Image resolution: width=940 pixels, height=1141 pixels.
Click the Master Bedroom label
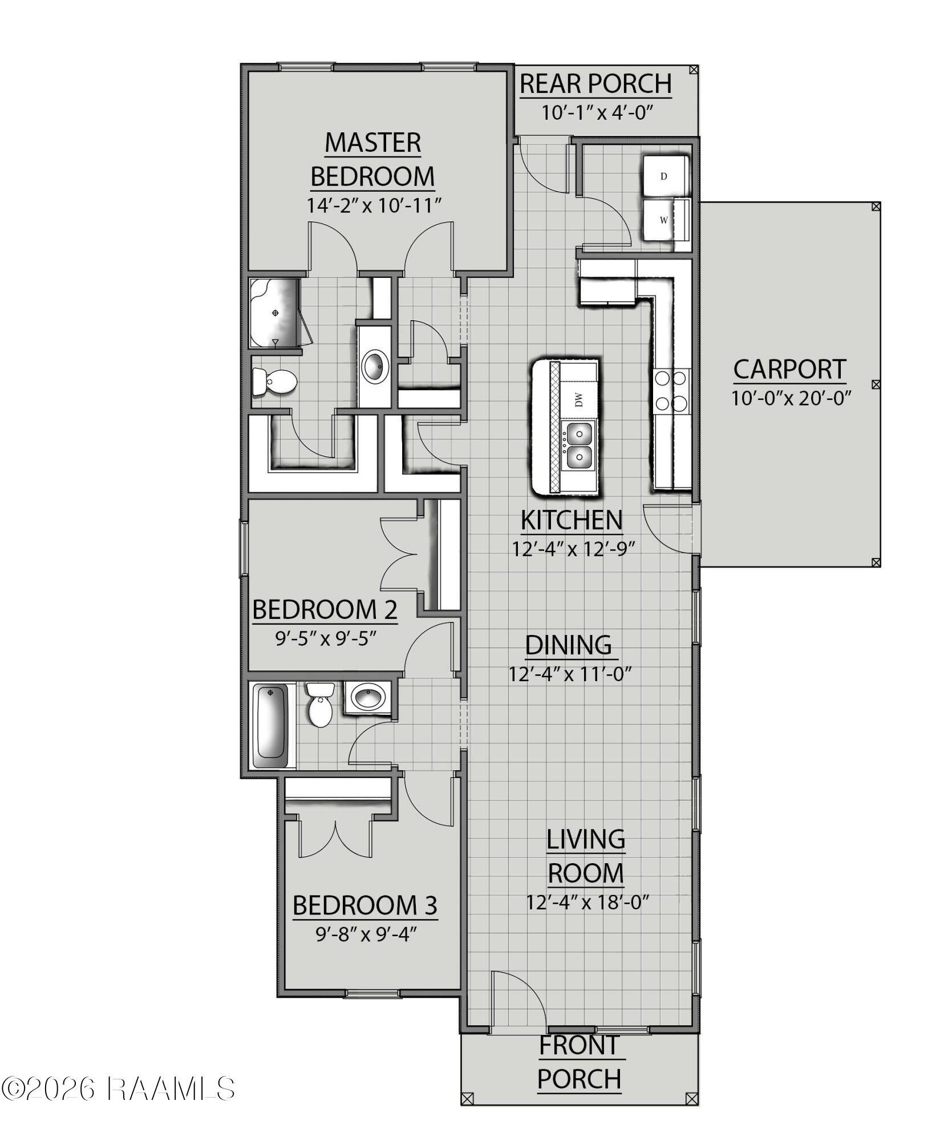tap(372, 159)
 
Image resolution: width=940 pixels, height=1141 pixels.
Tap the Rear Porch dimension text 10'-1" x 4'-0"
tap(597, 112)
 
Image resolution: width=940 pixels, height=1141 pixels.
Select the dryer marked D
tap(665, 176)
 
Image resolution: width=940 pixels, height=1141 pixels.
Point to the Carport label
tap(789, 369)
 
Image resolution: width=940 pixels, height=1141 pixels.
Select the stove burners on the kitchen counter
tap(671, 391)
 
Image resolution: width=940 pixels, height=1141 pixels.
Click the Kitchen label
tap(572, 520)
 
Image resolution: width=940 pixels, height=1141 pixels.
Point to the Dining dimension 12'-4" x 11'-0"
tap(570, 674)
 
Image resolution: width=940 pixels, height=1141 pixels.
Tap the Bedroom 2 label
tap(325, 609)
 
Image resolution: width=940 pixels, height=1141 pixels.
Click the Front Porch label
tap(580, 1062)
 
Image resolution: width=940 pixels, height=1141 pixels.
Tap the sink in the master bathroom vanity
tap(375, 366)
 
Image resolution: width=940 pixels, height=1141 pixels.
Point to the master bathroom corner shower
tap(275, 313)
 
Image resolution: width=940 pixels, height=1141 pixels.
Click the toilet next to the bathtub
tap(319, 706)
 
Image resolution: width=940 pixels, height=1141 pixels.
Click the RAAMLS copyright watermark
tap(118, 1089)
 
